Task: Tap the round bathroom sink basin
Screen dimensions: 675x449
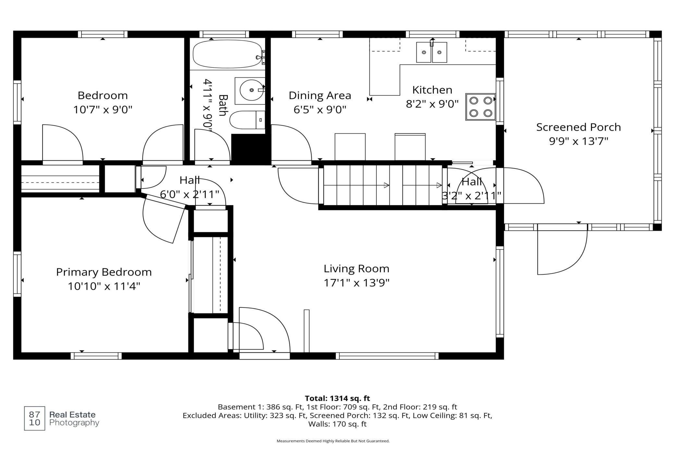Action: [x=252, y=90]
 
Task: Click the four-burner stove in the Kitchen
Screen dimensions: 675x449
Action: [x=481, y=107]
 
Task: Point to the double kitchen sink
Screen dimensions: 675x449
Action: [x=432, y=52]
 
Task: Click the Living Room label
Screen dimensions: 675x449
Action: [x=356, y=269]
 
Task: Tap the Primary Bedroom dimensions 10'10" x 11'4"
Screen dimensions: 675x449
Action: [x=104, y=286]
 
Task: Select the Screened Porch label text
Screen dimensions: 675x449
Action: [x=578, y=127]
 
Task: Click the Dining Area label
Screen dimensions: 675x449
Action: [x=320, y=96]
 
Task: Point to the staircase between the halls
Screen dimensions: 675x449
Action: [x=383, y=185]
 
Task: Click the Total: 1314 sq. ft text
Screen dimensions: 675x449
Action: [x=337, y=398]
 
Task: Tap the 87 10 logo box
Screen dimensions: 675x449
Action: [x=34, y=418]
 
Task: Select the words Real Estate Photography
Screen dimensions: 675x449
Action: [x=74, y=419]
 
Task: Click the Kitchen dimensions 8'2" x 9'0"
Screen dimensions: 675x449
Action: [x=432, y=104]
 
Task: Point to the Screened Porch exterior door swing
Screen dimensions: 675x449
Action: [x=562, y=249]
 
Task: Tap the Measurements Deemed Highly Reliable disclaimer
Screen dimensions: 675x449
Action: [x=333, y=441]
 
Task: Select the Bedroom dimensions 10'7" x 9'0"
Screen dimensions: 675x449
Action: [x=103, y=110]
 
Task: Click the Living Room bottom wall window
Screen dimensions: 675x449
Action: [x=387, y=356]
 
